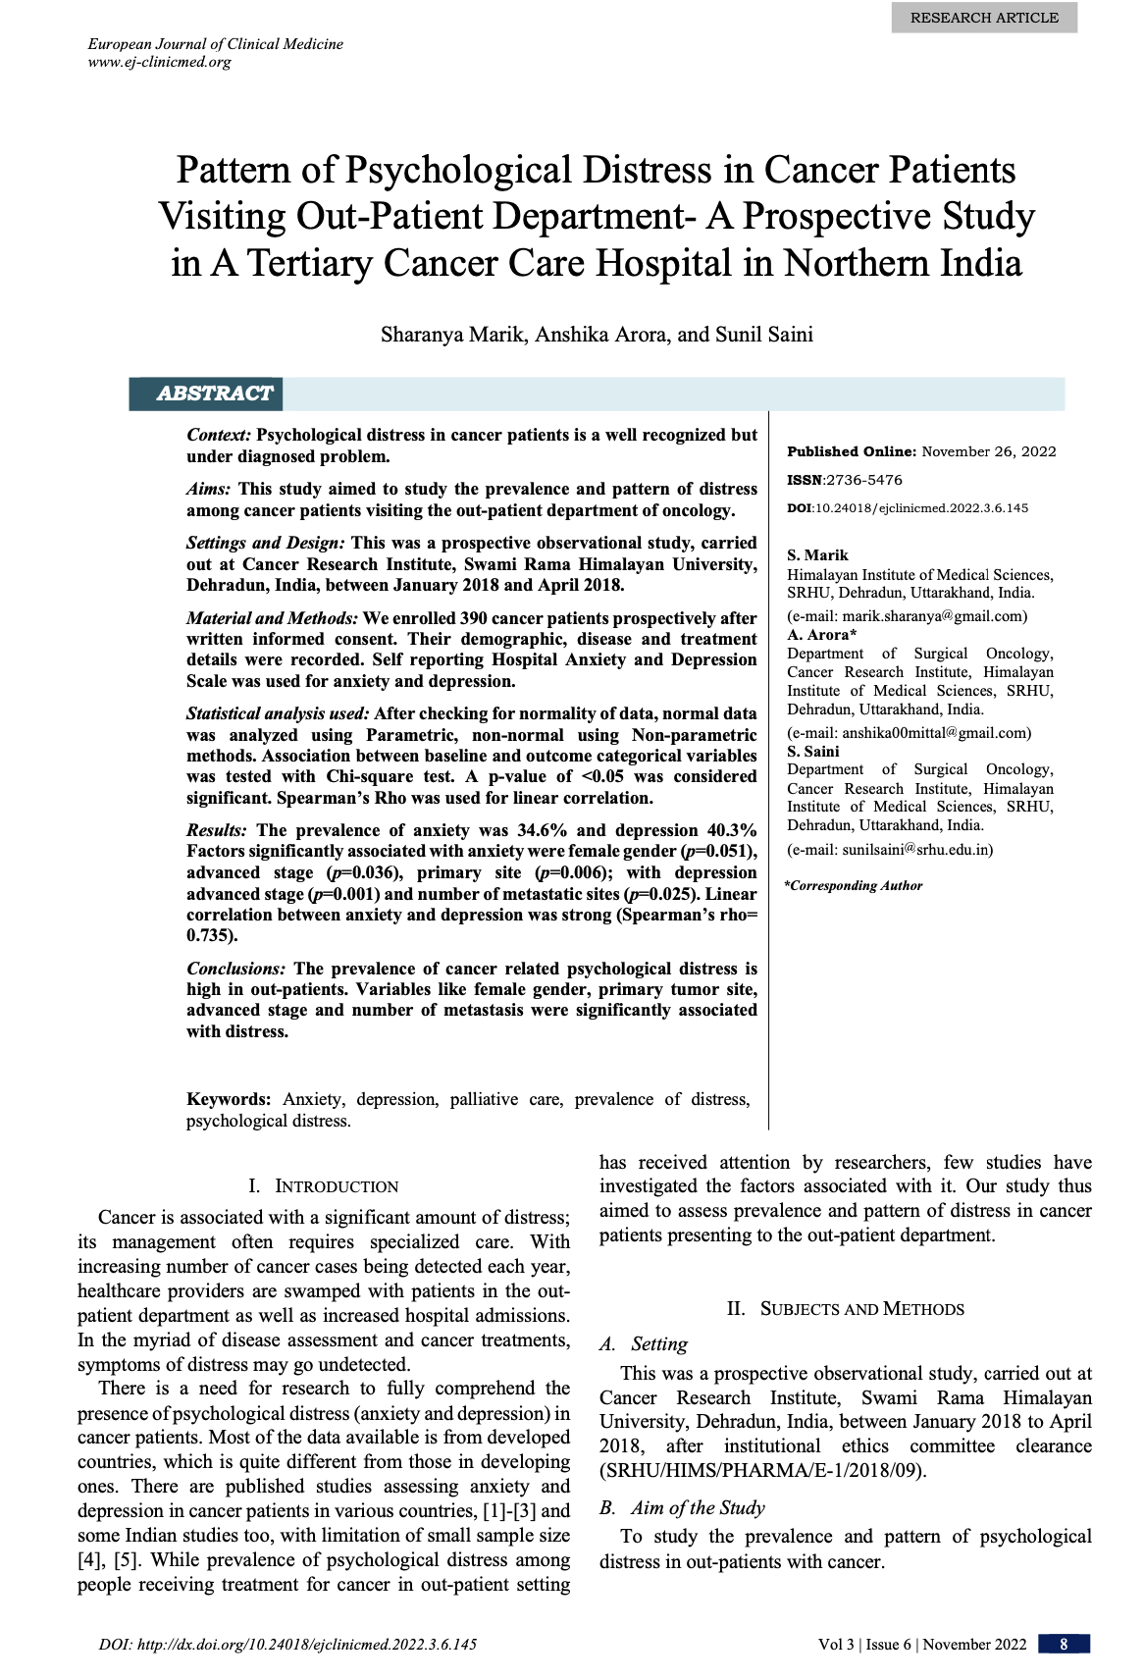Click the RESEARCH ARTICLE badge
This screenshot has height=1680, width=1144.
click(984, 18)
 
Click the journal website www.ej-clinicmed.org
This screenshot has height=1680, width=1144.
click(160, 62)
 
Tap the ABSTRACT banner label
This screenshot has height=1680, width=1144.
click(214, 394)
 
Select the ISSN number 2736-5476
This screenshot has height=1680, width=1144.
click(863, 480)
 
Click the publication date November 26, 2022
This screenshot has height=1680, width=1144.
click(989, 451)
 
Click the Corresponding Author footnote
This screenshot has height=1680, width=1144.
click(854, 885)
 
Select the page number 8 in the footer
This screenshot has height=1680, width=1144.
click(1063, 1644)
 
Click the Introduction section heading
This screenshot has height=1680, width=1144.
click(324, 1185)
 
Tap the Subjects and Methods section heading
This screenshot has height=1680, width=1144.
click(846, 1309)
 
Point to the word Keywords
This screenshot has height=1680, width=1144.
click(229, 1099)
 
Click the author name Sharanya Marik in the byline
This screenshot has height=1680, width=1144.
click(452, 335)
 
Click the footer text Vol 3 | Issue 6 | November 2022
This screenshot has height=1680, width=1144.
click(922, 1644)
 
